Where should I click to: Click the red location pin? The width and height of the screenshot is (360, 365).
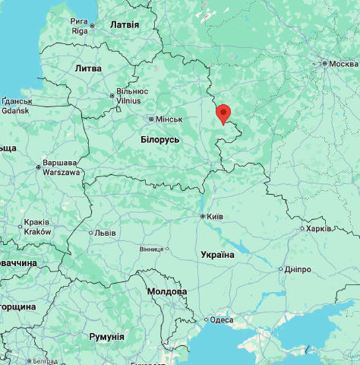[223, 113]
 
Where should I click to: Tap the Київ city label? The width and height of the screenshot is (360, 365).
[215, 217]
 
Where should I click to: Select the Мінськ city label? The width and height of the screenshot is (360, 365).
[169, 119]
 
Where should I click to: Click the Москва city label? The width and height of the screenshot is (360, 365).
[343, 63]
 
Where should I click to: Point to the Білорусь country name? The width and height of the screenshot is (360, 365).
[160, 140]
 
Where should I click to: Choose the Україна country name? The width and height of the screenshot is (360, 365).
[216, 255]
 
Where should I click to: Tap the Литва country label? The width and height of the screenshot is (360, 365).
[88, 68]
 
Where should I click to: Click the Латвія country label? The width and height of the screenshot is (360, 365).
[125, 24]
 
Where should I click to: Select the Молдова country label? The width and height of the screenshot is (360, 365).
[166, 291]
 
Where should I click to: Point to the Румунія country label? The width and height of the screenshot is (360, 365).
[106, 336]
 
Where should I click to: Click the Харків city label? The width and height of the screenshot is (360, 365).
[319, 228]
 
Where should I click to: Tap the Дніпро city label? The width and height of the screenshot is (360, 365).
[298, 269]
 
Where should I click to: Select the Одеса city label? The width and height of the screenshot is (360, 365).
[222, 320]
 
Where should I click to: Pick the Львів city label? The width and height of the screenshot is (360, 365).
[105, 233]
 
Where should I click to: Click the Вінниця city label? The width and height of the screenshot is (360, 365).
[151, 249]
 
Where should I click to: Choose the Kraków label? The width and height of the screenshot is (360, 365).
[37, 232]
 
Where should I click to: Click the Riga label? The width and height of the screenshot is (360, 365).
[80, 30]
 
